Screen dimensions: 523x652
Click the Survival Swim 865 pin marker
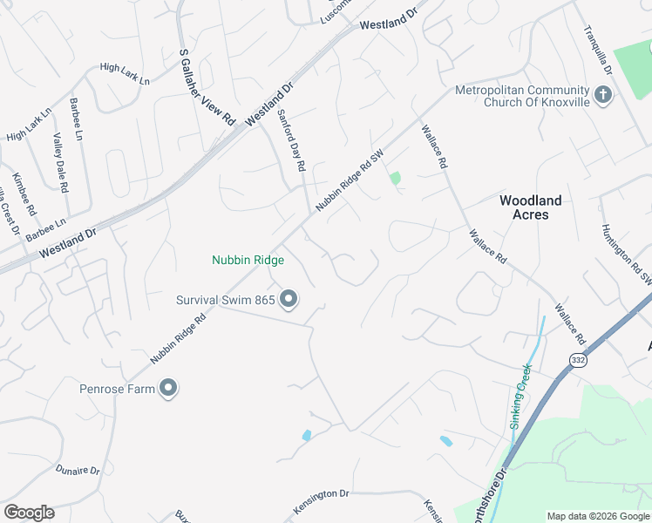point(289,301)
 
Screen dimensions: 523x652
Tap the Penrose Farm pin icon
point(168,389)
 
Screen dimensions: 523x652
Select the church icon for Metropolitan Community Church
point(601,95)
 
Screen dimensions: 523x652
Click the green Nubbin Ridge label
point(248,260)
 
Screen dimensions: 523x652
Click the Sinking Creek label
point(520,398)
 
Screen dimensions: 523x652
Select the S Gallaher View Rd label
point(207,85)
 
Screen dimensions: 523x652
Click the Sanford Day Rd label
point(291,139)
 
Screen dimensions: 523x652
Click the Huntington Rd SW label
point(625,254)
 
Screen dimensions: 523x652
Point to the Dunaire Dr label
point(78,470)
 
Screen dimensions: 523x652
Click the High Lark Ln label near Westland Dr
point(125,67)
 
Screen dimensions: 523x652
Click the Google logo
point(29,513)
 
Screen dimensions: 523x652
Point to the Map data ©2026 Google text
point(598,516)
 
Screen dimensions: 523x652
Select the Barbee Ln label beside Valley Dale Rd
point(78,119)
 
